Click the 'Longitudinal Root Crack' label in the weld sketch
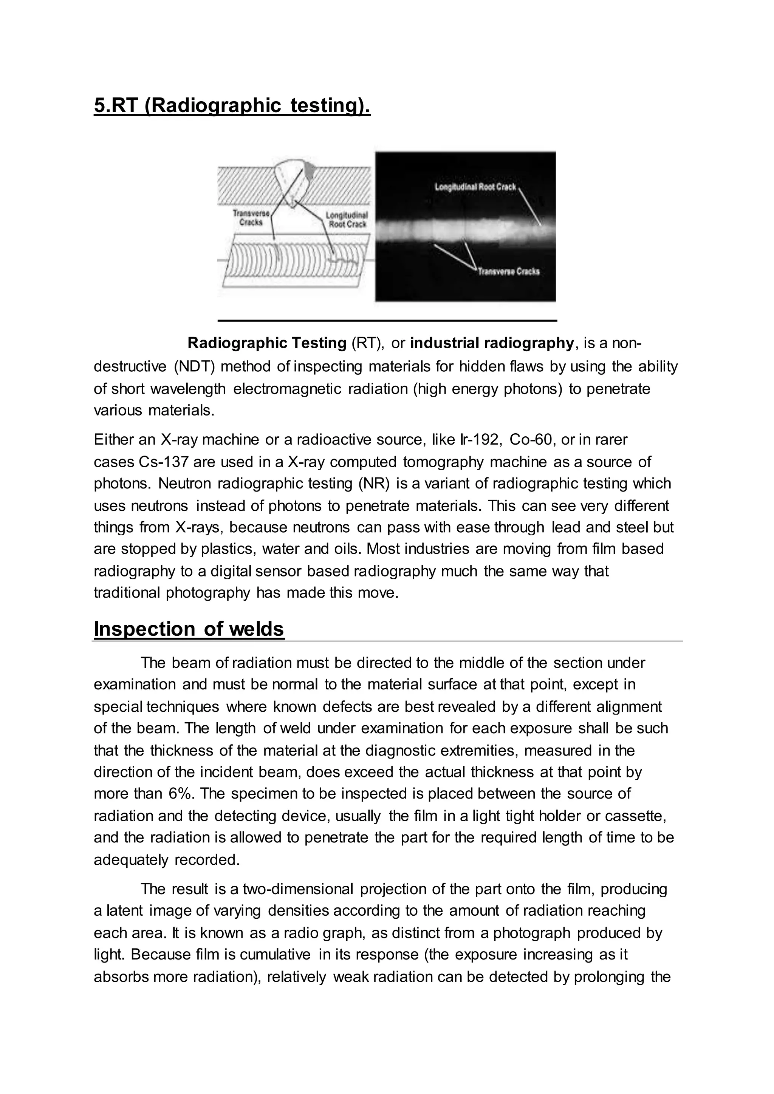[346, 220]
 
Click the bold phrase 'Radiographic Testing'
[267, 343]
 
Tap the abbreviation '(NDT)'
[194, 366]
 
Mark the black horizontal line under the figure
[387, 321]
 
